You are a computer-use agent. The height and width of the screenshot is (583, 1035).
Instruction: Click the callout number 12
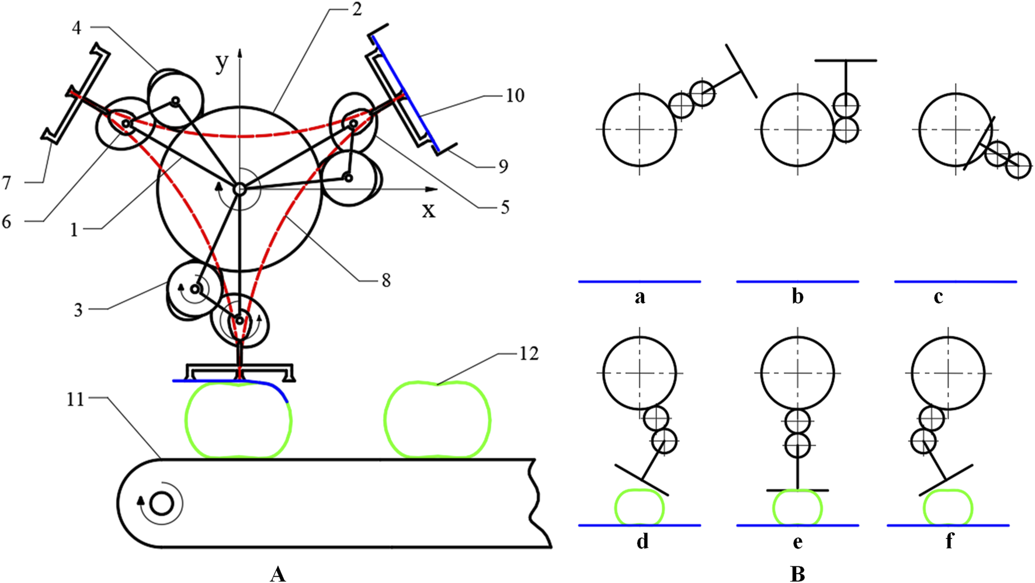(528, 354)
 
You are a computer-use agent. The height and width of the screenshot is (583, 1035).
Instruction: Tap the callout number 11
(75, 400)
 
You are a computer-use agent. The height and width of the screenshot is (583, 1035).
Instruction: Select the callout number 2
(356, 10)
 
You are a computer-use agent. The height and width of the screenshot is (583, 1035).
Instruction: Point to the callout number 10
(515, 95)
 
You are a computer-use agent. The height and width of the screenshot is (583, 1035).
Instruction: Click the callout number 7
(6, 183)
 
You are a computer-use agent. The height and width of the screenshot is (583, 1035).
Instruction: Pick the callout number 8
(385, 281)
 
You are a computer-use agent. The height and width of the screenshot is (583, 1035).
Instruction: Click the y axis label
(221, 63)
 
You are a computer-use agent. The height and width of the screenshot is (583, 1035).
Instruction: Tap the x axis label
(429, 210)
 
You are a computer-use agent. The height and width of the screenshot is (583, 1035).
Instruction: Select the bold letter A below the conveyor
(278, 574)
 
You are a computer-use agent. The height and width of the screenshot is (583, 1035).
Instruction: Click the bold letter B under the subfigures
(797, 574)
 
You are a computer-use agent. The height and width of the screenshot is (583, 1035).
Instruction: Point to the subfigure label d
(642, 542)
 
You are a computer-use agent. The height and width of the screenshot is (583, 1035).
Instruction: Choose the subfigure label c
(938, 297)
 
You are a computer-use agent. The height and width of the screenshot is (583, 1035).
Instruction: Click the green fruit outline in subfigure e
(797, 507)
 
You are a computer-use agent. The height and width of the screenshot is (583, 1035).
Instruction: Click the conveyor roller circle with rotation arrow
(162, 503)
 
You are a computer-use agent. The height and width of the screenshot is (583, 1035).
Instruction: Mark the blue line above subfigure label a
(640, 282)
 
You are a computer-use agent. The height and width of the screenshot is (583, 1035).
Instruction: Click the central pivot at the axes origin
(239, 189)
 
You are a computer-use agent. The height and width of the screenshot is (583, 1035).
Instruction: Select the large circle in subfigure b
(798, 130)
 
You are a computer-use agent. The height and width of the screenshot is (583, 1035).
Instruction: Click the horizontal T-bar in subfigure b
(845, 60)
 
